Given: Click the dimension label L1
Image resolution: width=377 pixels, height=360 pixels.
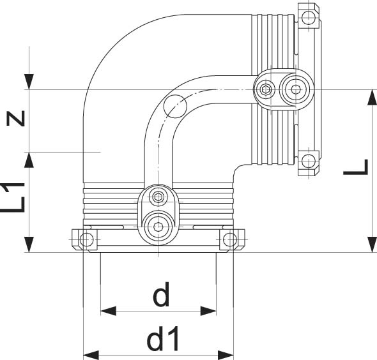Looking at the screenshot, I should (18, 197).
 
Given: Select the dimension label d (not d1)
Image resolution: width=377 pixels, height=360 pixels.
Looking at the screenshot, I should (162, 296).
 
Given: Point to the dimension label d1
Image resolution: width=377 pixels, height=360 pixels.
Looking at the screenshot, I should (162, 340).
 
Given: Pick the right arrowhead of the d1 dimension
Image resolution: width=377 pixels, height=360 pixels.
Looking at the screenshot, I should (226, 354).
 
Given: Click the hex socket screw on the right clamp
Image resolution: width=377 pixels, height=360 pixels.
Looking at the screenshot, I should (265, 90).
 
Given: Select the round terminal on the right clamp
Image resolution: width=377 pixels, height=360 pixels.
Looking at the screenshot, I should (295, 90).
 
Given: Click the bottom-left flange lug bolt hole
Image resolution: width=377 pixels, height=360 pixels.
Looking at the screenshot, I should (86, 240).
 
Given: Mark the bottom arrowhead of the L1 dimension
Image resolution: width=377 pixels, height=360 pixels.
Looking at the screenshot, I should (29, 245).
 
